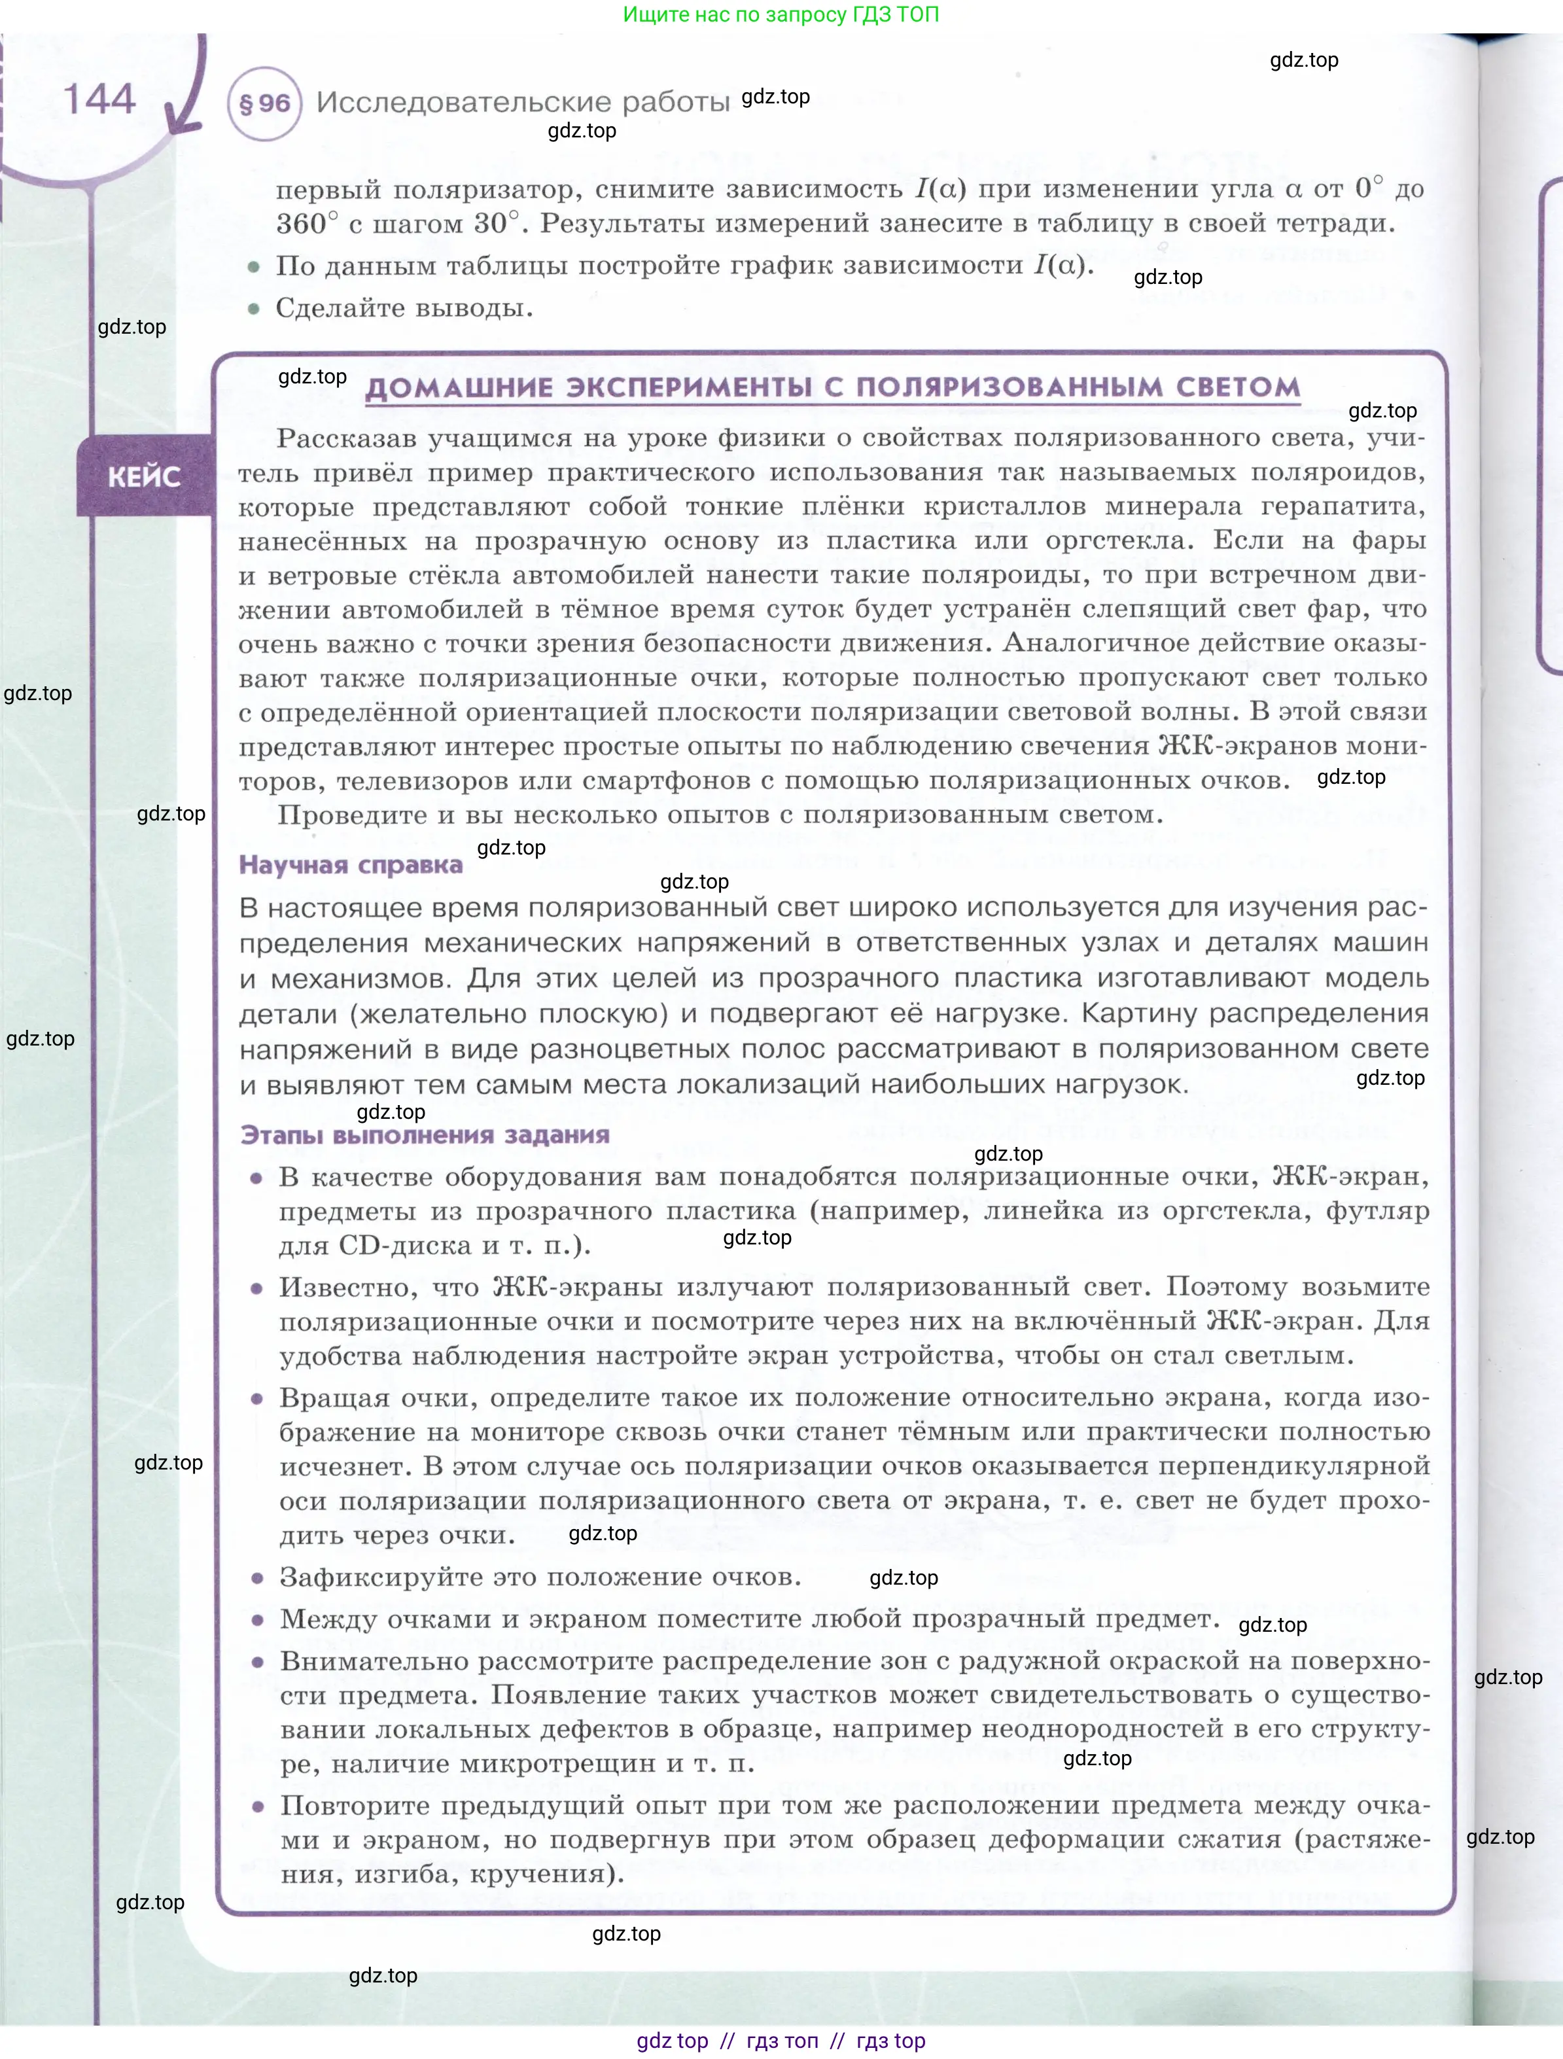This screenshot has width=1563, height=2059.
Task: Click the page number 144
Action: (99, 99)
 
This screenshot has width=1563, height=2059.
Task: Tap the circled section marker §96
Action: (264, 103)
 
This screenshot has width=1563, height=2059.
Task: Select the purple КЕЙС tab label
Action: (145, 476)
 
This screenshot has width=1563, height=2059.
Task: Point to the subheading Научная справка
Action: (351, 865)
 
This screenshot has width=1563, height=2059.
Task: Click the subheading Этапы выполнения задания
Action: (425, 1135)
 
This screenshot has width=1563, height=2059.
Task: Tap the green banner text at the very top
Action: (780, 14)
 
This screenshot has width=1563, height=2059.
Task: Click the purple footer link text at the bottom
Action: (780, 2041)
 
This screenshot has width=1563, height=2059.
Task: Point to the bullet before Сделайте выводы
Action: (253, 309)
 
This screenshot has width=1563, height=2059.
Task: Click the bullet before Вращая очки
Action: (257, 1398)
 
